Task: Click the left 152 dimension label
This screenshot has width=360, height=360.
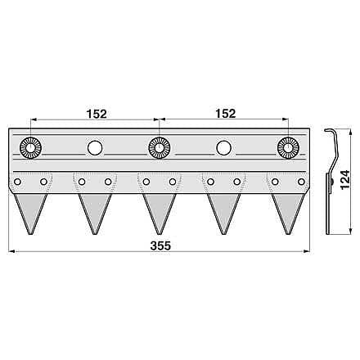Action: coord(97,114)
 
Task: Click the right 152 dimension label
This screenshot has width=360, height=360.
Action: coord(226,114)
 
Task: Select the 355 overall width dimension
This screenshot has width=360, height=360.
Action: coord(160,245)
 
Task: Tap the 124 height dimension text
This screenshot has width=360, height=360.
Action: coord(344,179)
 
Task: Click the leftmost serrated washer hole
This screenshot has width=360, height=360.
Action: coord(30,148)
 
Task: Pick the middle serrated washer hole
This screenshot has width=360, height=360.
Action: coord(160,148)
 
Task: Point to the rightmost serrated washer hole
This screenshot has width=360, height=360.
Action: coord(288,148)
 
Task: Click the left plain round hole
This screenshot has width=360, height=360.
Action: coord(95,148)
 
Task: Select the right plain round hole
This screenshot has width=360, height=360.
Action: coord(223,148)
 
